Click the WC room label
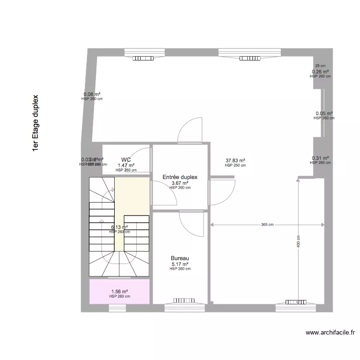click(x=126, y=160)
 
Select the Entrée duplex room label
click(x=180, y=177)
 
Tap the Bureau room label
click(x=180, y=258)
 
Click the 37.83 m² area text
click(x=235, y=161)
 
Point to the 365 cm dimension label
click(x=267, y=225)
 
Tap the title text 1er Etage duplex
click(x=35, y=123)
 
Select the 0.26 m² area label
click(x=320, y=72)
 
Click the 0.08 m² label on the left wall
click(x=92, y=95)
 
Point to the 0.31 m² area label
click(x=320, y=158)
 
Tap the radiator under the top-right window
click(x=250, y=58)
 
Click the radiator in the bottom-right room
click(x=295, y=302)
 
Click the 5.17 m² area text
click(x=180, y=264)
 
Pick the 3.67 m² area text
click(x=180, y=183)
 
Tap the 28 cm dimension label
click(x=320, y=66)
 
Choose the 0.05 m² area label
click(x=324, y=114)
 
